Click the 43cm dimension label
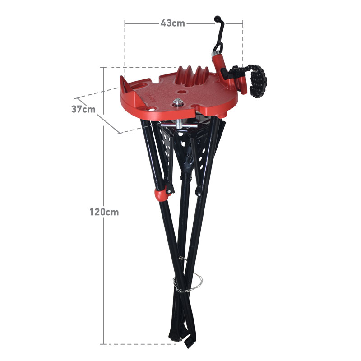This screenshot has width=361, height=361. [173, 23]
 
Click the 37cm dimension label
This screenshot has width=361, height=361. [83, 109]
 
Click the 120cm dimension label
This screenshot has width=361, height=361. [104, 212]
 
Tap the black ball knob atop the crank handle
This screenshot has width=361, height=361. [218, 19]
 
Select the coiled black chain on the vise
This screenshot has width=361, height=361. [257, 82]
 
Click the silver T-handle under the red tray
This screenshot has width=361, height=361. [179, 125]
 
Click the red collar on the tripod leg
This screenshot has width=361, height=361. [161, 195]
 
